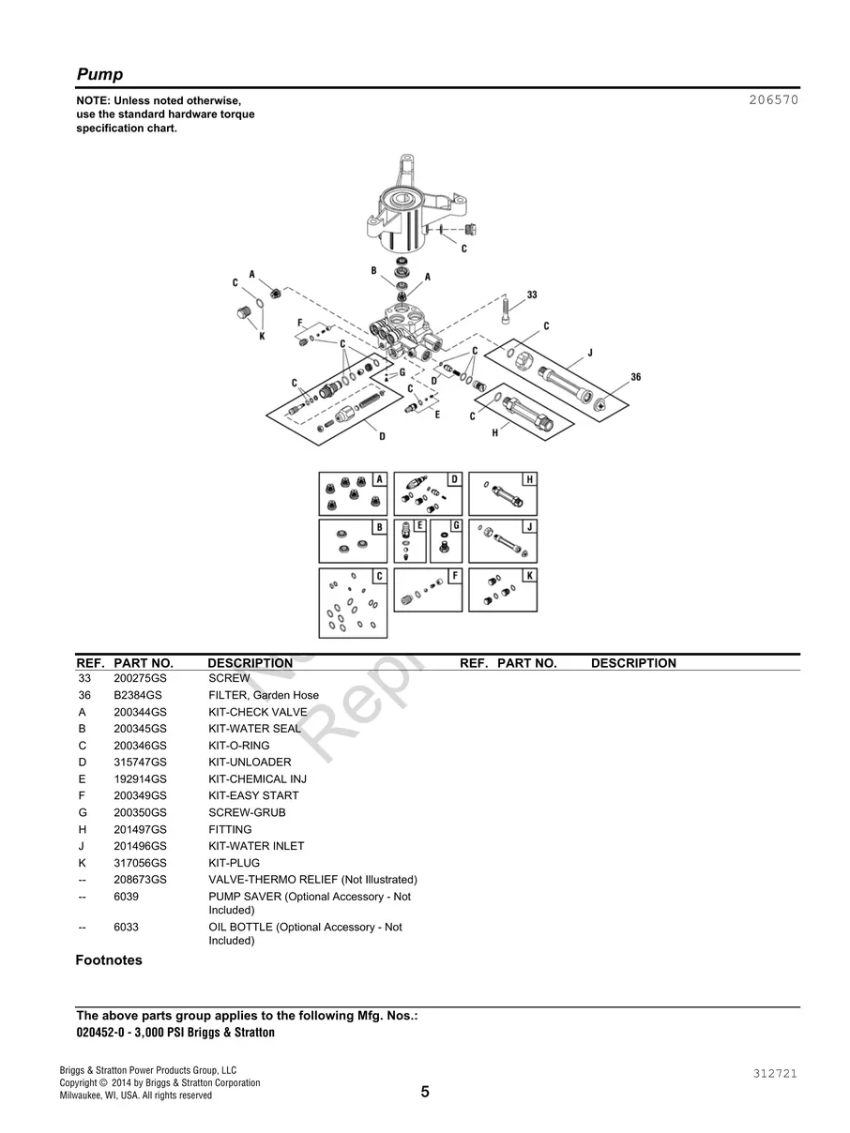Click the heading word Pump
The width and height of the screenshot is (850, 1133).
pos(99,75)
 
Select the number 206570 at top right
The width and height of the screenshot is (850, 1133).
pos(774,99)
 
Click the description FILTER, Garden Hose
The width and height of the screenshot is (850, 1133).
pos(263,695)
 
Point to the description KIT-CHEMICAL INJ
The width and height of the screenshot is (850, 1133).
pos(257,779)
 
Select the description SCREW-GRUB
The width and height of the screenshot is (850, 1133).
pos(247,812)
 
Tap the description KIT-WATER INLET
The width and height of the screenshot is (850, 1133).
pos(256,846)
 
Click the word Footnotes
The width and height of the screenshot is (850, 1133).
pos(109,960)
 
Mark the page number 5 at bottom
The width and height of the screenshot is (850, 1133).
pos(425,1092)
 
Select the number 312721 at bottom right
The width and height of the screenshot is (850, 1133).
pos(774,1074)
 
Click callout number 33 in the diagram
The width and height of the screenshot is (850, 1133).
pos(532,295)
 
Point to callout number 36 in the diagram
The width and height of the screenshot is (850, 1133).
pos(635,377)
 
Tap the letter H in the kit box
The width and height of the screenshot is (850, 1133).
pos(529,479)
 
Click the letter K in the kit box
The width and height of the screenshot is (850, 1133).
pos(529,575)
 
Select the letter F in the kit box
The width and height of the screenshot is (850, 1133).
pos(454,575)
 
